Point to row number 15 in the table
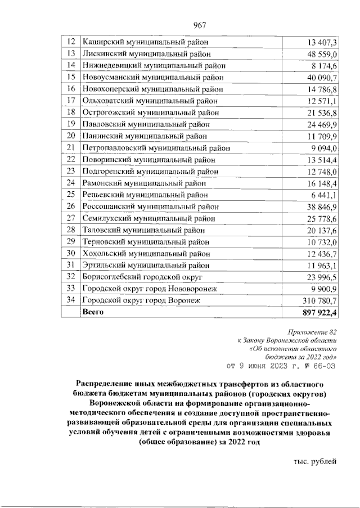tap(71, 77)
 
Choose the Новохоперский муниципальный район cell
tap(152, 89)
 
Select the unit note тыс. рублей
tap(315, 461)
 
